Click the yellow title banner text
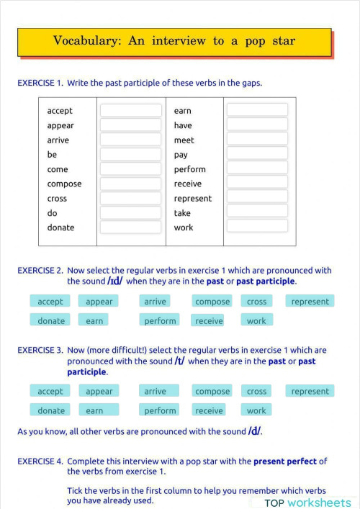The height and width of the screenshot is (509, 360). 174,41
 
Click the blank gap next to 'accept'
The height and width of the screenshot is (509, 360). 130,110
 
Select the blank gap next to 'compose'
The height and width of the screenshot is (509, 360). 130,184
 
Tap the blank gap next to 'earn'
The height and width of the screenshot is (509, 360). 257,110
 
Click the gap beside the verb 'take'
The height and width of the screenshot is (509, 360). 257,212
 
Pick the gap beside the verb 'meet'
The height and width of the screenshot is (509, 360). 257,140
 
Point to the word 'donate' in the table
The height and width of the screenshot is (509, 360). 60,228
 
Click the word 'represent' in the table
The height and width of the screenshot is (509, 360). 192,198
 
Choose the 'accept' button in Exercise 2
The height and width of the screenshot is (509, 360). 50,302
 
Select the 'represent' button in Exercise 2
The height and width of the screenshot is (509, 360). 310,302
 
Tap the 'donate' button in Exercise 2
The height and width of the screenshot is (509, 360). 51,321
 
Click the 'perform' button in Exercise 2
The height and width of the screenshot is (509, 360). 160,321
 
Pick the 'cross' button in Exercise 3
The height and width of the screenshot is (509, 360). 256,392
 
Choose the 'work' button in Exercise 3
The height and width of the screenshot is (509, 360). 256,411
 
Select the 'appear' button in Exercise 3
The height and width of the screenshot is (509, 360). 99,392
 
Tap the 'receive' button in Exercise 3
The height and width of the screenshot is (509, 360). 209,411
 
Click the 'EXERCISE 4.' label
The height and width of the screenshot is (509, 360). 40,461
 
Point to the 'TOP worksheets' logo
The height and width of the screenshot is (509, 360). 307,503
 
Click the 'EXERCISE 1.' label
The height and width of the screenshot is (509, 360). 40,83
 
